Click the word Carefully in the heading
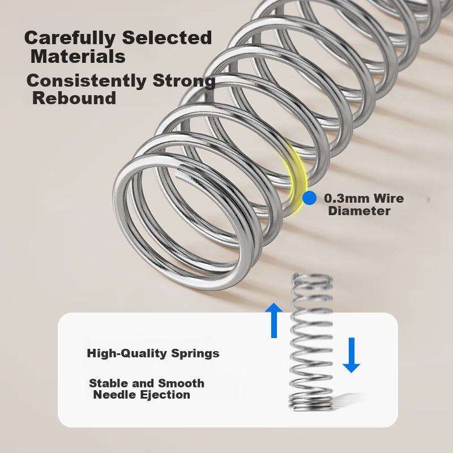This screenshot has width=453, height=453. [x=70, y=38]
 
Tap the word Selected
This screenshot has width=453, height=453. [x=167, y=37]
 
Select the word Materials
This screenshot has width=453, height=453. [x=78, y=56]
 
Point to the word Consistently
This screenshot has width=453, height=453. [x=87, y=80]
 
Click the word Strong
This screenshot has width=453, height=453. [x=183, y=81]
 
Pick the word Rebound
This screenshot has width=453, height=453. [x=74, y=98]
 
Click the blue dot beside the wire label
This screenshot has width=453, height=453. [x=309, y=198]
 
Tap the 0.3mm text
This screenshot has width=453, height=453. [x=347, y=198]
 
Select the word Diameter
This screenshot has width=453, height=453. [x=359, y=211]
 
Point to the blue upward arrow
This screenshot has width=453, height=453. [x=274, y=320]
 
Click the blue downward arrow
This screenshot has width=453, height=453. [x=351, y=355]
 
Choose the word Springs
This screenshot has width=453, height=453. [x=195, y=353]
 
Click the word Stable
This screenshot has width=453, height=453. [x=109, y=383]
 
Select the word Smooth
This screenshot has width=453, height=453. [x=181, y=383]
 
